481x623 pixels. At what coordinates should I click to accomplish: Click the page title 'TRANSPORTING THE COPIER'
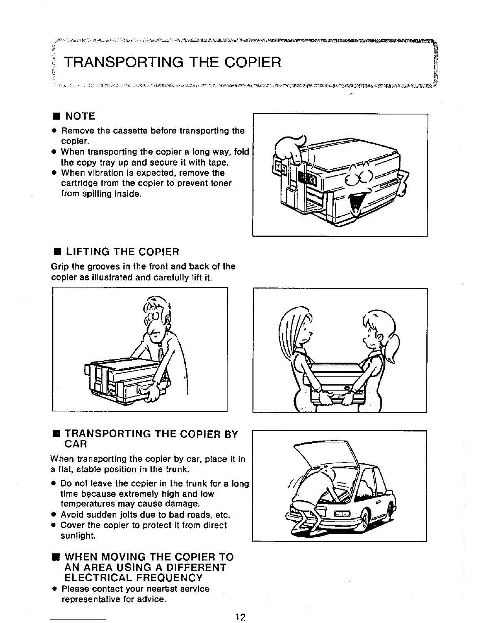(x=173, y=62)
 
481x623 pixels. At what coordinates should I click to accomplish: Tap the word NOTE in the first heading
(x=80, y=116)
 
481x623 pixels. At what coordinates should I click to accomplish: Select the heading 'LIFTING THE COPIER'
(x=122, y=252)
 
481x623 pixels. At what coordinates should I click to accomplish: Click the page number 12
(x=240, y=617)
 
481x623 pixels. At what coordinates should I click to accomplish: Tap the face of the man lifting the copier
(x=154, y=330)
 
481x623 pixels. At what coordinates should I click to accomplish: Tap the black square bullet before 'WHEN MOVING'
(x=56, y=557)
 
